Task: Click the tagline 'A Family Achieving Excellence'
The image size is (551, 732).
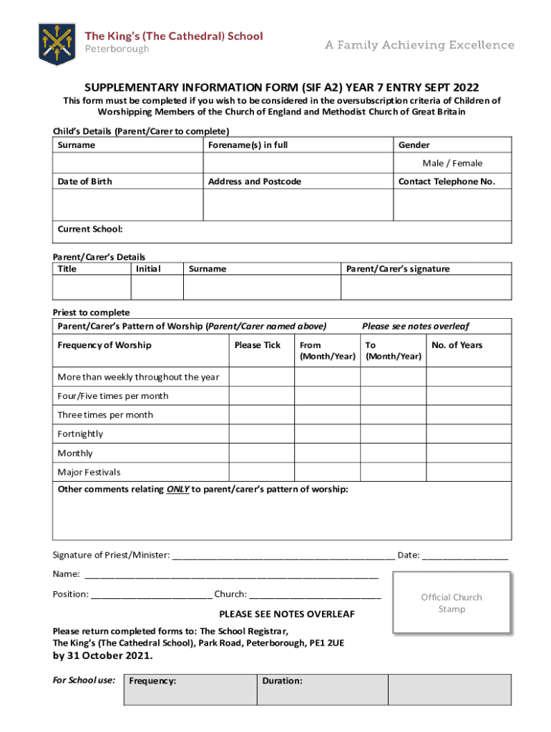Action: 419,45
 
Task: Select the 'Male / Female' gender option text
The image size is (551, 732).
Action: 452,163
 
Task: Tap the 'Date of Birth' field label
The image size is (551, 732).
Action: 84,182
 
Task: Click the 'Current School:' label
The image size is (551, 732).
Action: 90,229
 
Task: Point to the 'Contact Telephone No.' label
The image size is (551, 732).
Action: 447,182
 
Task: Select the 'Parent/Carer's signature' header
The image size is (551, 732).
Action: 398,269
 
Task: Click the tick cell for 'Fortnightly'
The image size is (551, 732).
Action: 261,434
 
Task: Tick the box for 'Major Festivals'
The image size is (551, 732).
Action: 261,473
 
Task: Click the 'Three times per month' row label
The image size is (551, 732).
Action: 105,415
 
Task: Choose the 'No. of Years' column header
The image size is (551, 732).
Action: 457,345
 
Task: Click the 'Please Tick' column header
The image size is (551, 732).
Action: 258,345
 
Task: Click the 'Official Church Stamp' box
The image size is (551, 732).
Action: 452,603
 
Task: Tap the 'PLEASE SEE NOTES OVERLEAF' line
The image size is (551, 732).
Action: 286,614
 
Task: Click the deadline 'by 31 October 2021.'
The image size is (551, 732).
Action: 102,656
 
